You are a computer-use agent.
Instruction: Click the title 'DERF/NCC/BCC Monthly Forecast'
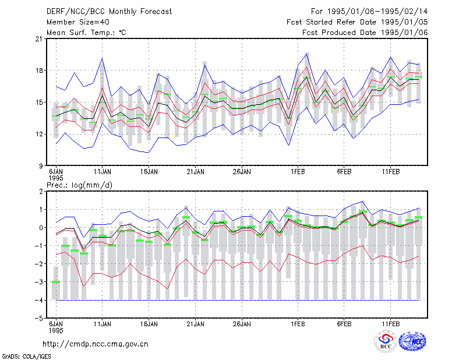click(109, 12)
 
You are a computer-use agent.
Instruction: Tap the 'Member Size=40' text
click(78, 22)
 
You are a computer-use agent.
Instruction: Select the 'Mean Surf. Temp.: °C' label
click(86, 33)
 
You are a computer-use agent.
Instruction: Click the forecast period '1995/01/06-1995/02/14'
click(377, 12)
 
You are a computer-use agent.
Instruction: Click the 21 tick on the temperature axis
click(39, 39)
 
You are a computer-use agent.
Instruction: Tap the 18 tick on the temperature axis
click(39, 70)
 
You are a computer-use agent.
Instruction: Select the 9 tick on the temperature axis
click(41, 166)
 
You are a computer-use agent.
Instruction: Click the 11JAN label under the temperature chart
click(103, 172)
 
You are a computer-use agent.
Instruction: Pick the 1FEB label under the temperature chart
click(298, 172)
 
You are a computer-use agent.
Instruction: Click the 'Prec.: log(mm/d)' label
click(79, 185)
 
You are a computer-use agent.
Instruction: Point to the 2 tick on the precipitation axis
click(41, 192)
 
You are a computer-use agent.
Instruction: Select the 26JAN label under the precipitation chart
click(242, 324)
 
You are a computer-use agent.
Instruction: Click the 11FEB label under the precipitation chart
click(391, 324)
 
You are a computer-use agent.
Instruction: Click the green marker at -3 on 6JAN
click(56, 282)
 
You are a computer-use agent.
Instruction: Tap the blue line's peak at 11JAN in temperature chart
click(103, 58)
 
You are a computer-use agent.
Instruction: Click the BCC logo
click(386, 341)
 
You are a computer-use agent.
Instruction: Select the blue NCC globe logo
click(412, 341)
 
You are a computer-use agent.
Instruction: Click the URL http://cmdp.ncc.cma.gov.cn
click(96, 344)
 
